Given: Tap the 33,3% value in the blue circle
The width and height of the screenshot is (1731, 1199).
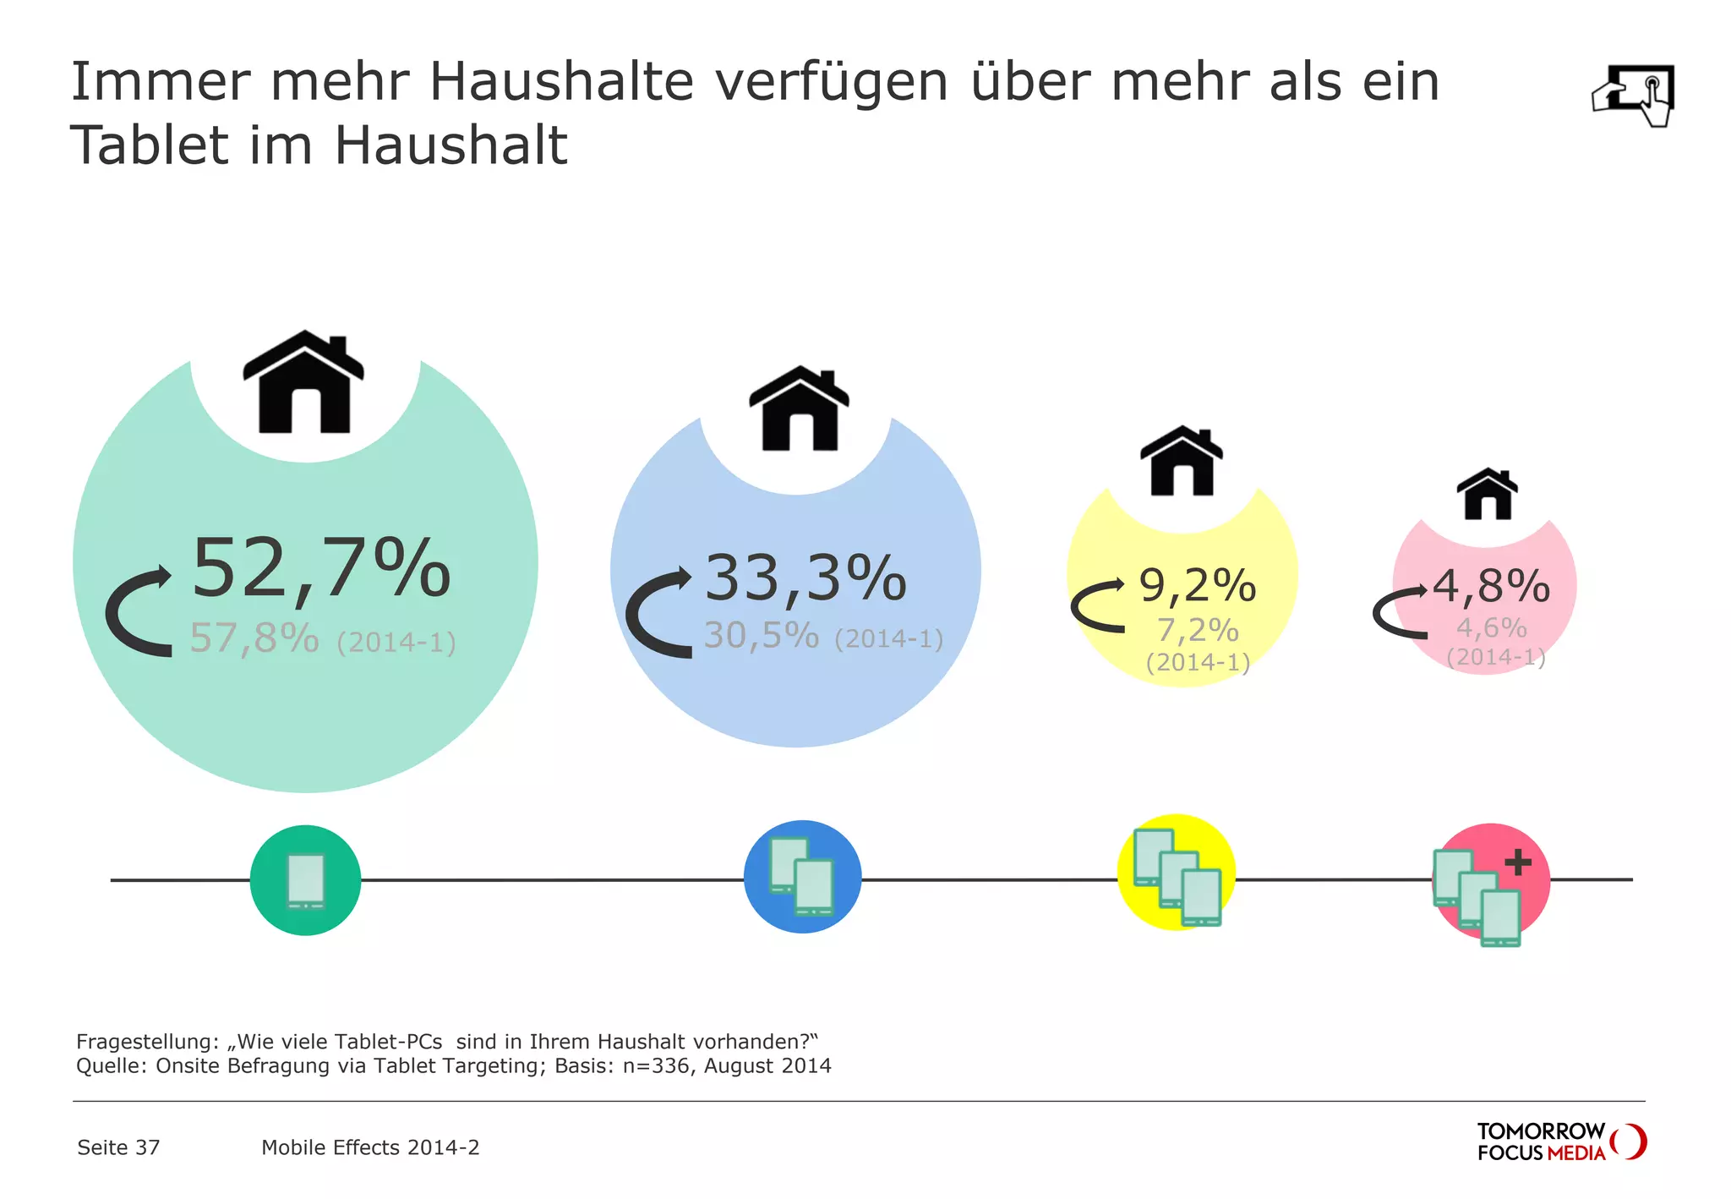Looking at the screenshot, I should pos(805,580).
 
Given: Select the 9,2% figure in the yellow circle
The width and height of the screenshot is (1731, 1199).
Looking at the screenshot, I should pos(1197,586).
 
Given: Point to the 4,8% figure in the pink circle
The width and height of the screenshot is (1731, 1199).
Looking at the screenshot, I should pos(1491,586).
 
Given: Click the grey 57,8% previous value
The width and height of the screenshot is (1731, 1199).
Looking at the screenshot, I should pos(254,638).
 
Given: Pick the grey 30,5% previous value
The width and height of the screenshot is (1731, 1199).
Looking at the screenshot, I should pos(762,636).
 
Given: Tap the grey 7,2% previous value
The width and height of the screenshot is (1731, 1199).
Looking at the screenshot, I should pos(1197,631).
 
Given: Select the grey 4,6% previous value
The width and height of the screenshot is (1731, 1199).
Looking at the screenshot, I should pos(1491,628).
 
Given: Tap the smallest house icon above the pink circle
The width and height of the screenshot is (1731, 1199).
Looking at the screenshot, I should pos(1487,494).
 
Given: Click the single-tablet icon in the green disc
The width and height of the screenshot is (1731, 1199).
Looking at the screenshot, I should pos(305,881).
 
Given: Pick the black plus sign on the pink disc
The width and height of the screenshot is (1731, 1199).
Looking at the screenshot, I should pos(1518,862).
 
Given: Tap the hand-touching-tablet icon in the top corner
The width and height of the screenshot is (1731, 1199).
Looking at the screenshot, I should pos(1634,95).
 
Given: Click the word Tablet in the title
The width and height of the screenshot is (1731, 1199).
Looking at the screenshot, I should pos(149,145).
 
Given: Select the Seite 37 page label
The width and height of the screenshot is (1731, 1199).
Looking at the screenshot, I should pos(118,1147).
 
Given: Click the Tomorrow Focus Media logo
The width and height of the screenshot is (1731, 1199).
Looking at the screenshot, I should pos(1560,1142).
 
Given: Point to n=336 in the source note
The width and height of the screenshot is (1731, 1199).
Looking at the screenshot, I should pos(656,1066).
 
